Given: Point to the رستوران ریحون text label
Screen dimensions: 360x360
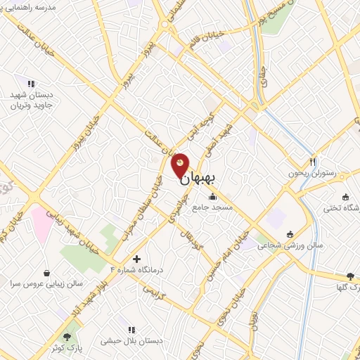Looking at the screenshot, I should pos(311,173).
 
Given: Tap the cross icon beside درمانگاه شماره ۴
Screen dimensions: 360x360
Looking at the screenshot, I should pos(137,259).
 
